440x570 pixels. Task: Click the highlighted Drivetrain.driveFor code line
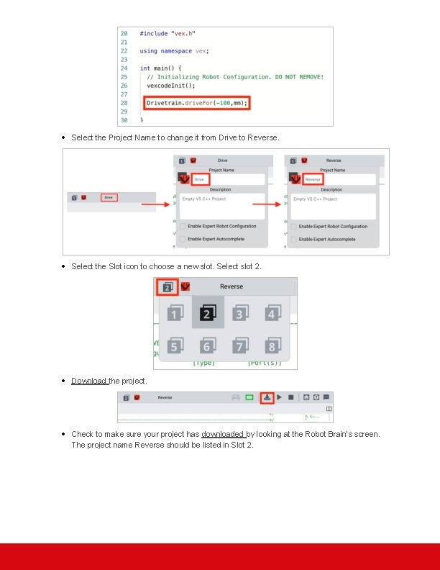tap(196, 103)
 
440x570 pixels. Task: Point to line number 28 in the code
tap(124, 103)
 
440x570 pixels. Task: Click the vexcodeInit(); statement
tap(170, 86)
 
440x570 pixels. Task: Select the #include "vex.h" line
tap(167, 33)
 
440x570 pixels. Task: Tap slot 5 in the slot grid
tap(174, 347)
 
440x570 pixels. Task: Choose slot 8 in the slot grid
tap(272, 347)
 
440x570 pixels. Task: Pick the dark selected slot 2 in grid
tap(208, 313)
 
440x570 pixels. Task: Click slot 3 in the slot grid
tap(240, 313)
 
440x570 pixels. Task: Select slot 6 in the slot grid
tap(208, 347)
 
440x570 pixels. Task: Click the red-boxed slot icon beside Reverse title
tap(168, 286)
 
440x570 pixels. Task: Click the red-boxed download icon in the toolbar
tap(267, 397)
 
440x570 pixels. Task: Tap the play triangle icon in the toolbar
tap(280, 397)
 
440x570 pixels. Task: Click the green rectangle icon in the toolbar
tap(249, 397)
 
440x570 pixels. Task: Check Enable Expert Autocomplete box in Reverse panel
tap(293, 239)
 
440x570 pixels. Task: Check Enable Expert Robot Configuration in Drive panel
tap(182, 226)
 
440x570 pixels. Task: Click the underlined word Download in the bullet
tap(89, 381)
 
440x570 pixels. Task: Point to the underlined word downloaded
tap(223, 434)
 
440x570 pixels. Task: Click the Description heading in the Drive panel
tap(220, 189)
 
